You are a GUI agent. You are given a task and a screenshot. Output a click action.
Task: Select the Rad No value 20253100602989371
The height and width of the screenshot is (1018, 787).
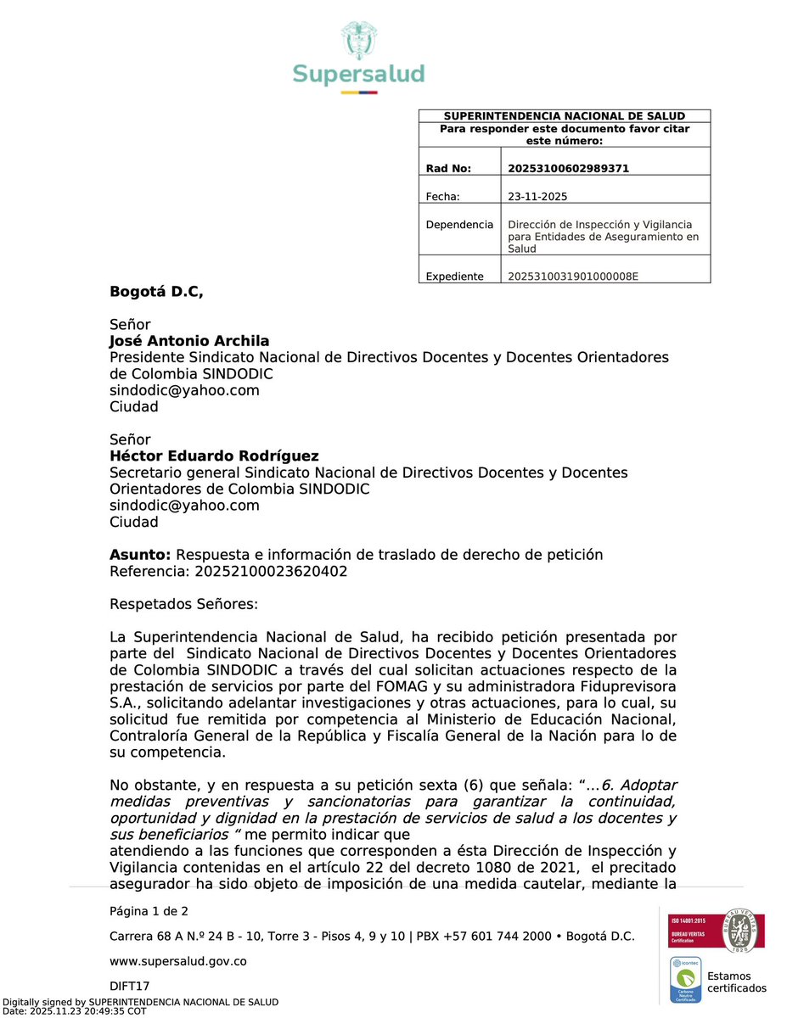coord(568,169)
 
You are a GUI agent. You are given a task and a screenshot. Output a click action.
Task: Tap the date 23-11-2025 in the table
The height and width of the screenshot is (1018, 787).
coord(537,197)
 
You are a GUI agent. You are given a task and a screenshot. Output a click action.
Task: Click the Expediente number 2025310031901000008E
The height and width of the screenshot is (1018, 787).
coord(572,277)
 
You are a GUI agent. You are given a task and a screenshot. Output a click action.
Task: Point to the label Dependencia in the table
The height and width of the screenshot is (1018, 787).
coord(459,225)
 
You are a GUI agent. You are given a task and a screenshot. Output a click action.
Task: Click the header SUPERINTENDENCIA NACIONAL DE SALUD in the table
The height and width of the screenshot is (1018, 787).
coord(565,116)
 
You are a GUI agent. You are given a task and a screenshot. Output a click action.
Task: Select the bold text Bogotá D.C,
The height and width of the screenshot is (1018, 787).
coord(157,293)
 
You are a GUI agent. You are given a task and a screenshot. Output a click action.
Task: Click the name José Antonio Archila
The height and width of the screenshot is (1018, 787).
coord(189,341)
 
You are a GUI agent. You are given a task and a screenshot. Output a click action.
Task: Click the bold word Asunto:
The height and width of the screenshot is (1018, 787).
coord(140,555)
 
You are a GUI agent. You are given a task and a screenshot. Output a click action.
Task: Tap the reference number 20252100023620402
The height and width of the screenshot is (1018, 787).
coord(271,572)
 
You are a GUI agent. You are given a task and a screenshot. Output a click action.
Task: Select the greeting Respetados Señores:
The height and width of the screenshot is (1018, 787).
coord(183,604)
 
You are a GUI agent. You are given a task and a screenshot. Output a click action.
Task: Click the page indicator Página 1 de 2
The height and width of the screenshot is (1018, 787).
coord(149,912)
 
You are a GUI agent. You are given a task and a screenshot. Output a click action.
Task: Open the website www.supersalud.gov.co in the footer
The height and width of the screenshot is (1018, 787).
coord(178,962)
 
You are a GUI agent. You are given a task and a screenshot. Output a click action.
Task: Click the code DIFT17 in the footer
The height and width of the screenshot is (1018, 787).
coord(130,987)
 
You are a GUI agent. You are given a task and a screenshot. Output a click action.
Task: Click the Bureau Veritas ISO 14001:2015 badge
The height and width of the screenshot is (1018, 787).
coord(717,931)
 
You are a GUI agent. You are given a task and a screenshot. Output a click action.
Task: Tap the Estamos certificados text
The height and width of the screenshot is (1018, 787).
coord(736,982)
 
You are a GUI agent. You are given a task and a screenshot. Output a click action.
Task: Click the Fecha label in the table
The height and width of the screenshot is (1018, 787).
coord(442,197)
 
